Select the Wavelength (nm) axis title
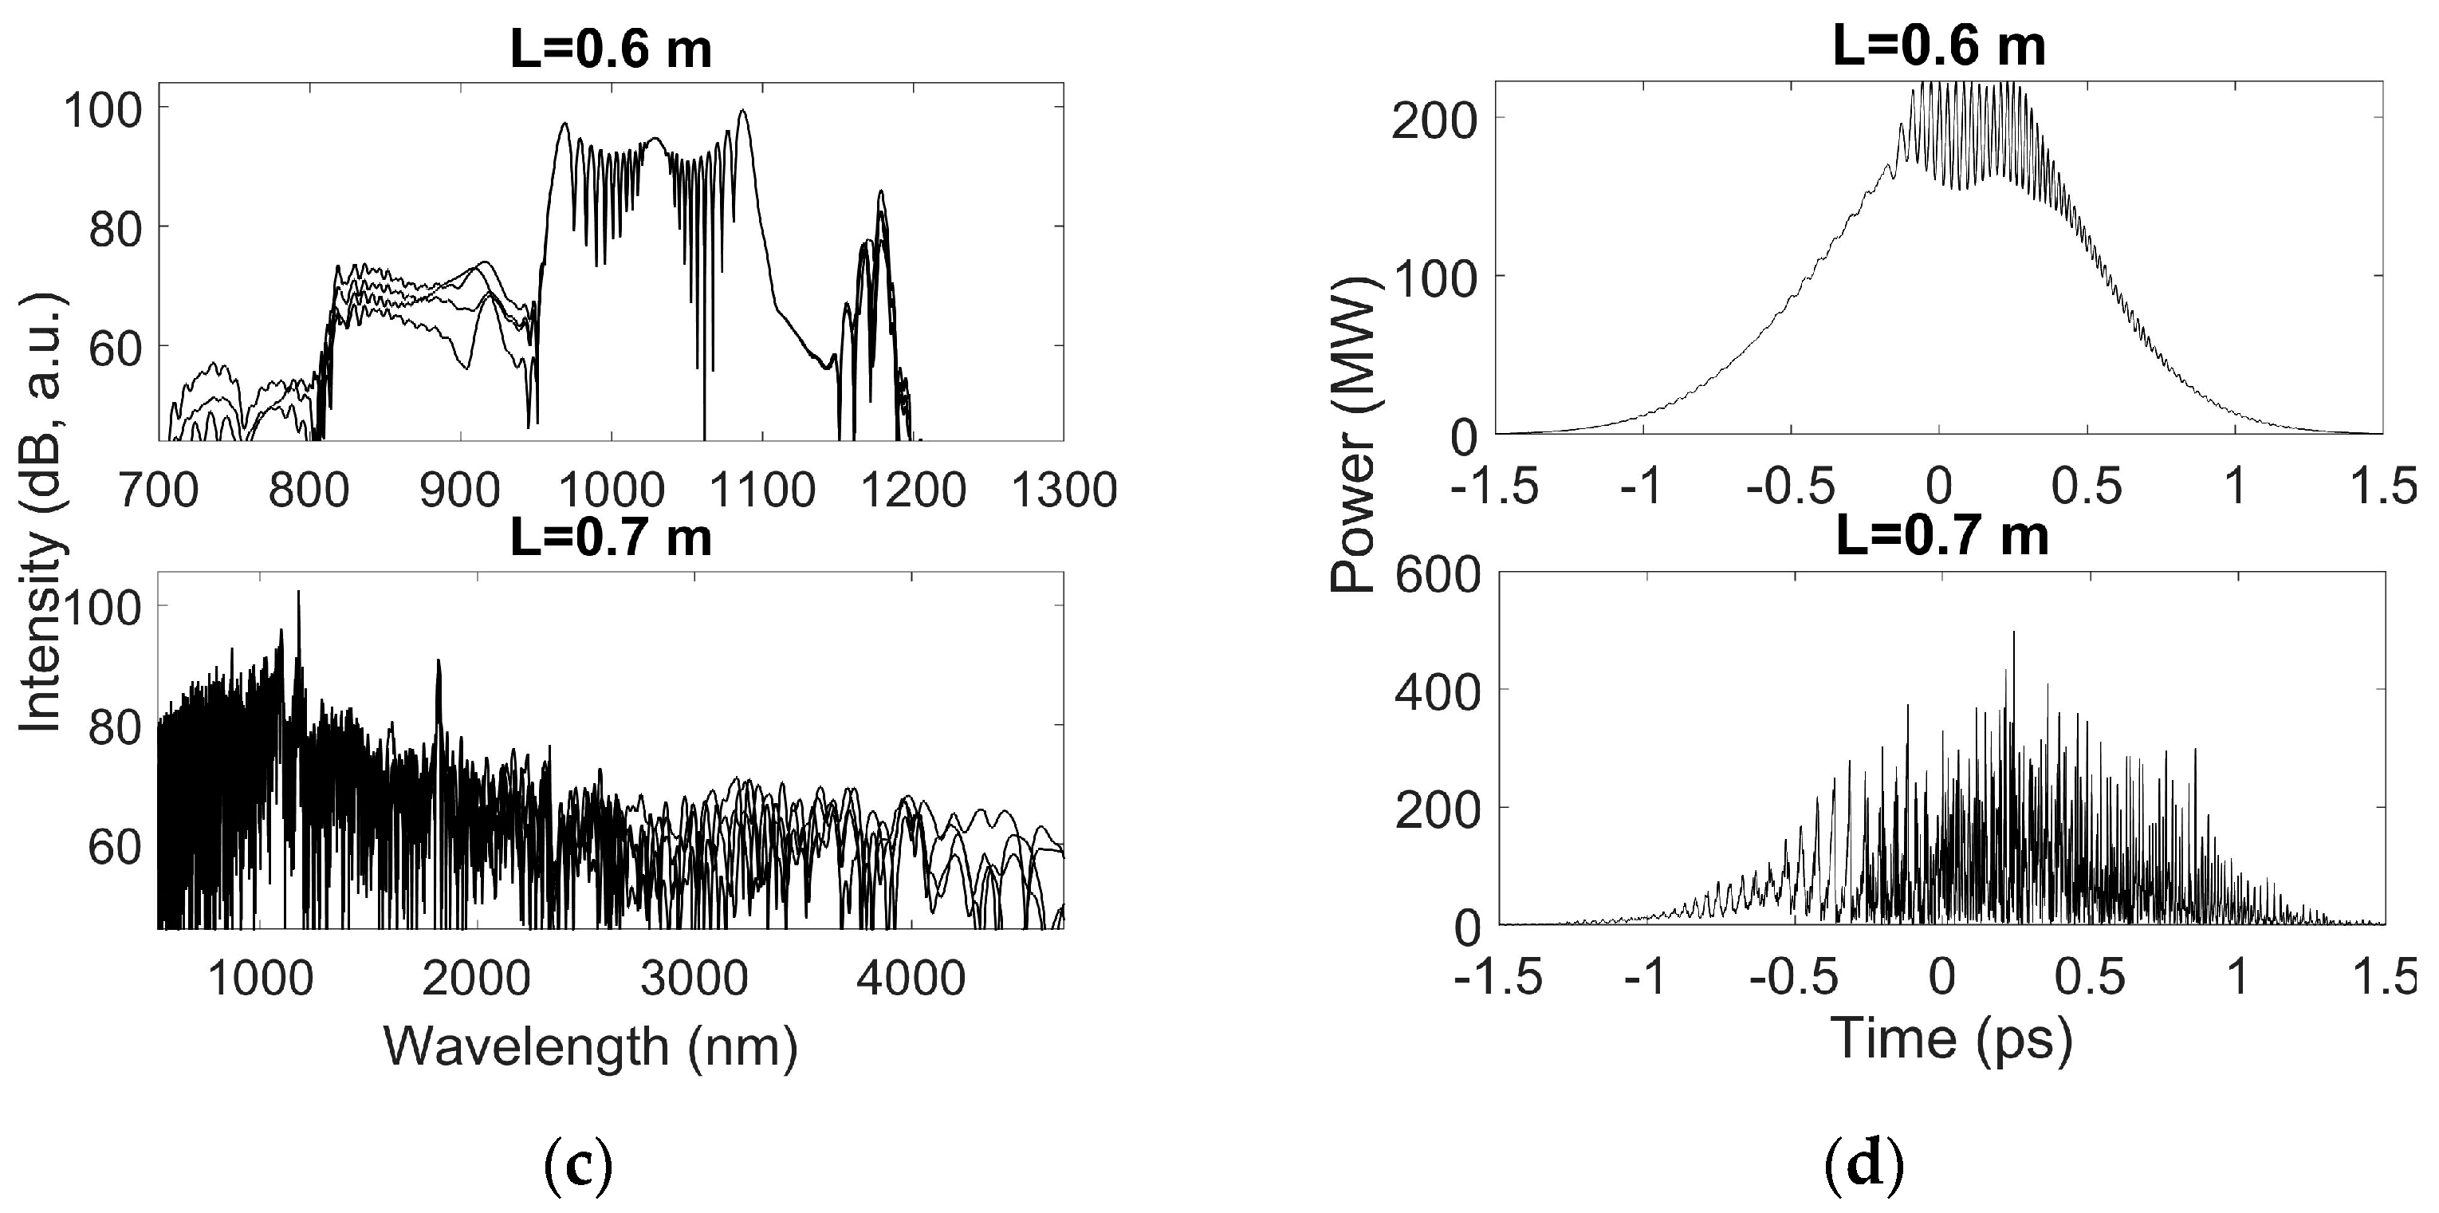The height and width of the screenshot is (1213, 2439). point(591,1047)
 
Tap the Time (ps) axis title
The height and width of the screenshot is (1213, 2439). point(1953,1038)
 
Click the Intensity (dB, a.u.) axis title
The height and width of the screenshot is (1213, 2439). point(41,511)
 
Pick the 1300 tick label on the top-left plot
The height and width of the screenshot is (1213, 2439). point(1064,490)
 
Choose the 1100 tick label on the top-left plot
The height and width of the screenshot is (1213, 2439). point(762,490)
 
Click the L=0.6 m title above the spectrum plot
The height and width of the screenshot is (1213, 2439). point(611,49)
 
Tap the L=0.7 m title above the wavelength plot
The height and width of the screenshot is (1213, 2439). point(611,537)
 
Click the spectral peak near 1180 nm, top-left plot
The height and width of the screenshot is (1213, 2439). point(880,192)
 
